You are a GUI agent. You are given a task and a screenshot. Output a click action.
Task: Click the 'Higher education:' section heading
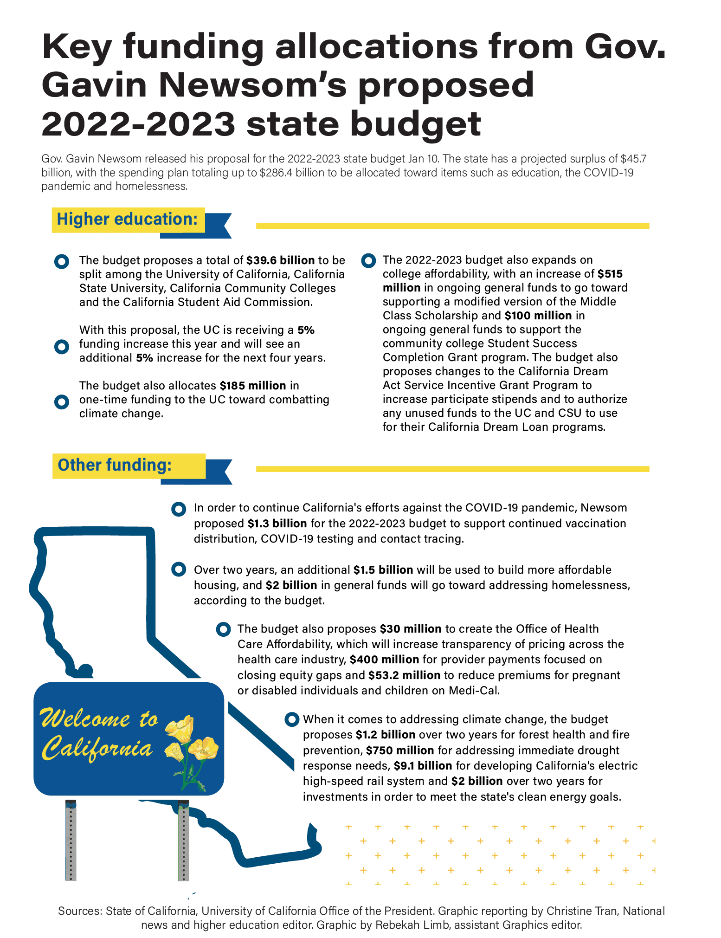pyautogui.click(x=127, y=219)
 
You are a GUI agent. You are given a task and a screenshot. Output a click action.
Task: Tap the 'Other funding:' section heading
pyautogui.click(x=115, y=465)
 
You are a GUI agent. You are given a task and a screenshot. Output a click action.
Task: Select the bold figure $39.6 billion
pyautogui.click(x=280, y=260)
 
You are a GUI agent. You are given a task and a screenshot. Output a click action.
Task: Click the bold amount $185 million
pyautogui.click(x=252, y=386)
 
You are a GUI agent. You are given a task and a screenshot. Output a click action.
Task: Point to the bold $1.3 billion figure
pyautogui.click(x=277, y=524)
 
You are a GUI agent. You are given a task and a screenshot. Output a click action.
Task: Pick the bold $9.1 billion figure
pyautogui.click(x=423, y=765)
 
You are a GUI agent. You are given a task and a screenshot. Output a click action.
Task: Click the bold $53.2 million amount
pyautogui.click(x=404, y=675)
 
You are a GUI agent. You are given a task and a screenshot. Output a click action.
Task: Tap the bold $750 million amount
pyautogui.click(x=400, y=750)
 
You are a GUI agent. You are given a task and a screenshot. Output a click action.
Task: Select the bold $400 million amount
pyautogui.click(x=384, y=660)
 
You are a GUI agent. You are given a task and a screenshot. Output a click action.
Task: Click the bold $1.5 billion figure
pyautogui.click(x=383, y=570)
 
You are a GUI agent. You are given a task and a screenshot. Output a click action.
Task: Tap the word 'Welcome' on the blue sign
pyautogui.click(x=86, y=719)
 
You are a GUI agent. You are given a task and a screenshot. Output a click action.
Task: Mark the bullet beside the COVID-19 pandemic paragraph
pyautogui.click(x=179, y=509)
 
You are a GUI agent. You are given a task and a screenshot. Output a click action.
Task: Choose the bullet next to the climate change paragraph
pyautogui.click(x=292, y=720)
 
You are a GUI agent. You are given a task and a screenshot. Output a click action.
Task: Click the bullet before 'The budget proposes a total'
pyautogui.click(x=62, y=261)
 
